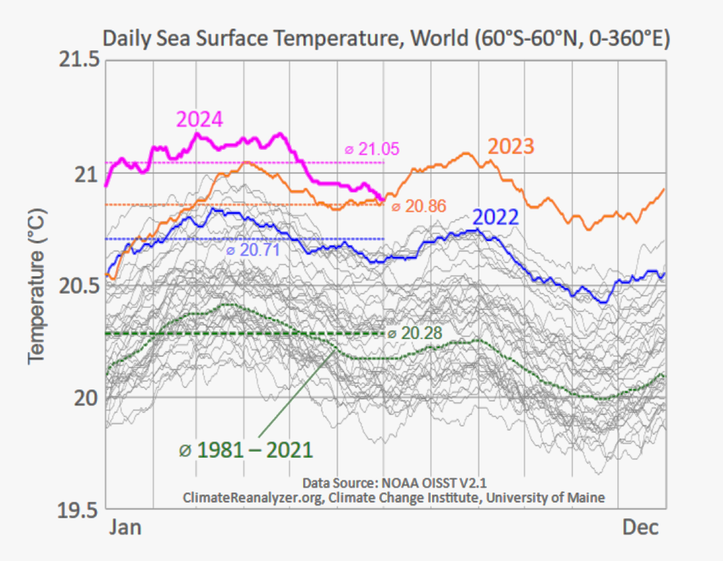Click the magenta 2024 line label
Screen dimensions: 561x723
click(199, 119)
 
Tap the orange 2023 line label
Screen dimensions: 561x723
click(511, 147)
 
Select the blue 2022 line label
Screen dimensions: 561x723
click(495, 218)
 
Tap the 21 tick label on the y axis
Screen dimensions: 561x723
click(85, 174)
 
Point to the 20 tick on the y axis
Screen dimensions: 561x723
click(85, 398)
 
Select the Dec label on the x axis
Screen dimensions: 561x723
click(640, 528)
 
